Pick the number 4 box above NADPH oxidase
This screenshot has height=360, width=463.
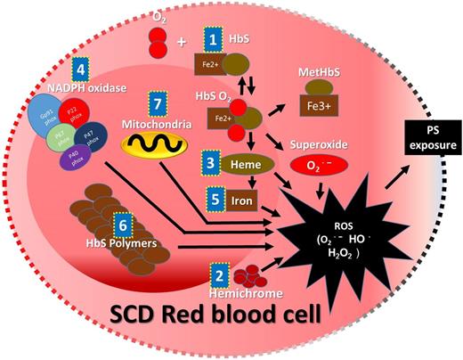tap(80, 70)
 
